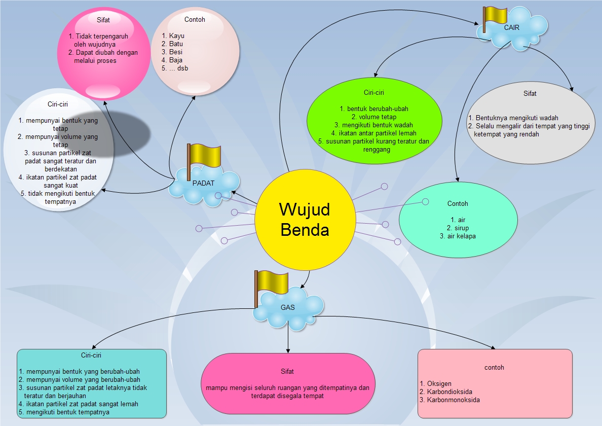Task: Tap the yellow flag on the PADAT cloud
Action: pos(205,156)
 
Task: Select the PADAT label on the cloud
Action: pos(203,183)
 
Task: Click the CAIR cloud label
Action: pos(512,28)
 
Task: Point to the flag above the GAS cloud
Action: pos(272,281)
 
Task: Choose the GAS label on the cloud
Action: pos(287,307)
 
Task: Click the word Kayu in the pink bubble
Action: pos(176,36)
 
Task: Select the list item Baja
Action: pos(176,60)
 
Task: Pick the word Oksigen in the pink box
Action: pos(439,383)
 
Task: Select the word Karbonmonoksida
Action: pos(453,400)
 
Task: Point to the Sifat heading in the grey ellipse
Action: pos(530,93)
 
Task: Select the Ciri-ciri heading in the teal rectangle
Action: pos(91,355)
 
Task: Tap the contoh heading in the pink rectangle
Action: pos(494,367)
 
